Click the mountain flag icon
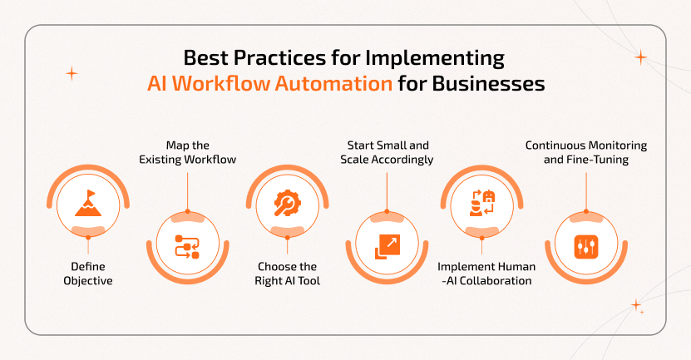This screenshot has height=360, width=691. click(x=88, y=203)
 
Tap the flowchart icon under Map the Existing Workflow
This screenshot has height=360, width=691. click(x=187, y=246)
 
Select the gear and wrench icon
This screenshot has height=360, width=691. click(x=288, y=203)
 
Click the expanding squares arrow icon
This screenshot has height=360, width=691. click(x=387, y=247)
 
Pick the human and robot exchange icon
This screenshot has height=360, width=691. click(x=481, y=203)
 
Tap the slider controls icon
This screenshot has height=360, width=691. click(x=586, y=247)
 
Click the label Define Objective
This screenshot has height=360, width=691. click(x=88, y=274)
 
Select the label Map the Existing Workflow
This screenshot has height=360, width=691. click(x=188, y=152)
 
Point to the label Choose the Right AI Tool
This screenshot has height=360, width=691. click(x=288, y=274)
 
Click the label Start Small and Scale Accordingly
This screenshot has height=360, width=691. click(x=387, y=152)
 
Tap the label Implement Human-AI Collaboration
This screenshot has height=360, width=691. click(x=486, y=274)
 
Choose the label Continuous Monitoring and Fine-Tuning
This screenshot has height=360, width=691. click(x=586, y=152)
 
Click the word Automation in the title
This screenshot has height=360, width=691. click(x=333, y=83)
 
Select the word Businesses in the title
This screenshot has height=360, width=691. click(x=488, y=83)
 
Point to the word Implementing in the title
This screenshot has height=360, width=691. click(x=436, y=58)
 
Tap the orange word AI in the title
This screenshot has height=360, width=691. click(x=157, y=83)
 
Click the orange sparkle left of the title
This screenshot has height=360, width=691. click(x=72, y=73)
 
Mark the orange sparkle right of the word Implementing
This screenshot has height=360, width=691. click(x=641, y=57)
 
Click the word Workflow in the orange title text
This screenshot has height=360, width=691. click(x=221, y=83)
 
